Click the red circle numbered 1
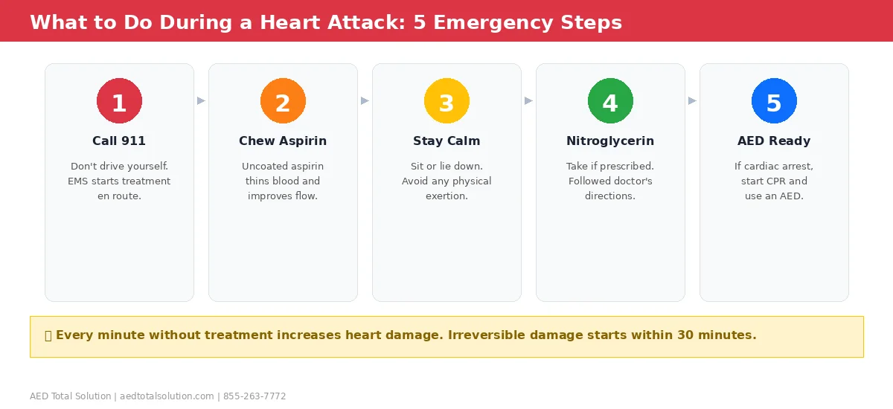[119, 101]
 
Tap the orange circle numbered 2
[283, 101]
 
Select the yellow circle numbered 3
[446, 101]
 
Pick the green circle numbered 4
[610, 101]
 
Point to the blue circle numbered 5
[774, 101]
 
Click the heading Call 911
[119, 141]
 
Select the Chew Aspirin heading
[283, 141]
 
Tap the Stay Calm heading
[446, 141]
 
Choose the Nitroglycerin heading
[610, 141]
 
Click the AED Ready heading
[774, 141]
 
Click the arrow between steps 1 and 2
[201, 100]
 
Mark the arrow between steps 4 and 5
[692, 100]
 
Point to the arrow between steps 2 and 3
[365, 100]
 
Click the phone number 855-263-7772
[255, 396]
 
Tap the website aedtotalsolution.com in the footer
[167, 396]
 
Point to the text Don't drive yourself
[119, 167]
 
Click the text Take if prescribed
[610, 167]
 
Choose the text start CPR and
[774, 181]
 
